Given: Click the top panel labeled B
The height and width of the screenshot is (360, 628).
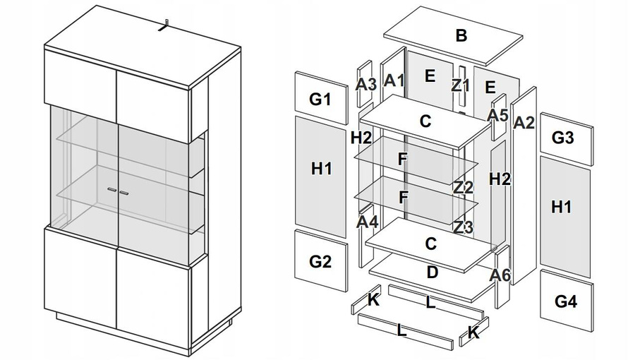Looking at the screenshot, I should (461, 36).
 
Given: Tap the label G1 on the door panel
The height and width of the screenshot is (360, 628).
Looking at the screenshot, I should (320, 99).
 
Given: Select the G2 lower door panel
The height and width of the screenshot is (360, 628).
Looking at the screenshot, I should (320, 261).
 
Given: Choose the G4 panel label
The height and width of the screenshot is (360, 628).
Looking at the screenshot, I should (566, 301).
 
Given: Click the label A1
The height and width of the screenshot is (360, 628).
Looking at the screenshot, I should (394, 80).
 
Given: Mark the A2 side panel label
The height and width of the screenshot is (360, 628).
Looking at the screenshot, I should (524, 122).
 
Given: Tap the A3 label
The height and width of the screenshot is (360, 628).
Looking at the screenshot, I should (366, 84).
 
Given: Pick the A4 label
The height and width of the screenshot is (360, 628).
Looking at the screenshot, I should (367, 222).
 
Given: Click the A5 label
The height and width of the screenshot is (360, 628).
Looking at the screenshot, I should (498, 114).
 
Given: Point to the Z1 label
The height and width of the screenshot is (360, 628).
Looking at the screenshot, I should (461, 85).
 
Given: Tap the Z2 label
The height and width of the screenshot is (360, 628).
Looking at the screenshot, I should (463, 187).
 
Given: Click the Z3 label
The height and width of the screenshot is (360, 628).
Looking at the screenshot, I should (463, 227).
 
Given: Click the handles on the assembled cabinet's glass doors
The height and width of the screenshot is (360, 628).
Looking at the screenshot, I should (118, 191).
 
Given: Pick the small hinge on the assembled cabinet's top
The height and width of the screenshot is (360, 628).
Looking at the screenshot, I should (164, 26).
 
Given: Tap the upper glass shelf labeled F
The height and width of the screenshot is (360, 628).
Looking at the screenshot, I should (402, 159).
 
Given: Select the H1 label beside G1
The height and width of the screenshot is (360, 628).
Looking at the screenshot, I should (321, 169).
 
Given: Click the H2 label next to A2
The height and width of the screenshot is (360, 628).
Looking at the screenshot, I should (500, 179).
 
